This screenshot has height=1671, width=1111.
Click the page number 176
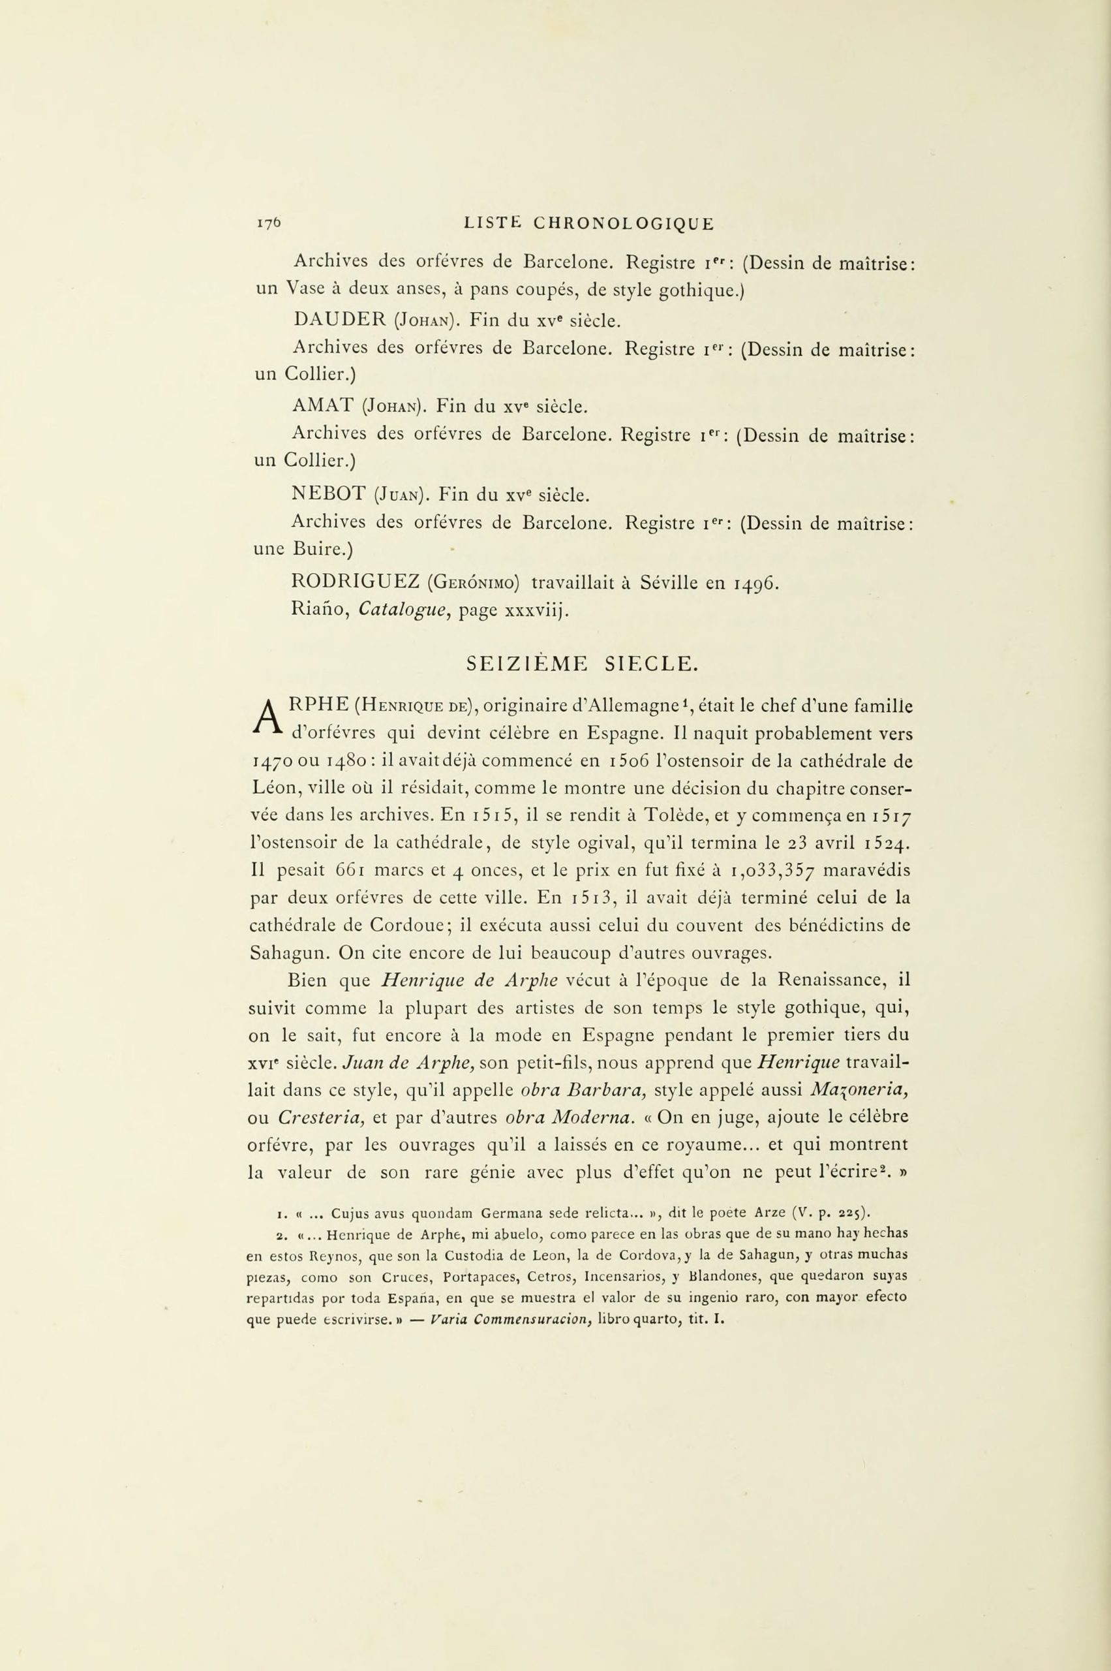(x=269, y=224)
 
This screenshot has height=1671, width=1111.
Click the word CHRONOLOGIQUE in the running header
(x=624, y=224)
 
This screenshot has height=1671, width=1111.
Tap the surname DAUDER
(x=337, y=320)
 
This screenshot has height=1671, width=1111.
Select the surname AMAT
(x=322, y=407)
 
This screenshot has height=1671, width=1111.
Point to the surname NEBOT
(x=327, y=493)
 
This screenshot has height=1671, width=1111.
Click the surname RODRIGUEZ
(x=356, y=583)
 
